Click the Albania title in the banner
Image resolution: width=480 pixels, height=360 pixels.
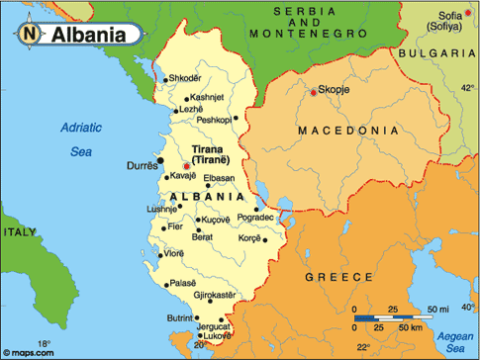(89, 34)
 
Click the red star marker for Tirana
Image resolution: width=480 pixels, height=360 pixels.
(187, 166)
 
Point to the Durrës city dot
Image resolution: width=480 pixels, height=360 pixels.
(160, 159)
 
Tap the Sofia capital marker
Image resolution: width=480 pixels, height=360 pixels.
(439, 14)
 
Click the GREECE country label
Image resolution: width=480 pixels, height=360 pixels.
(338, 278)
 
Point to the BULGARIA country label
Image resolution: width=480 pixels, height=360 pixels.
(434, 52)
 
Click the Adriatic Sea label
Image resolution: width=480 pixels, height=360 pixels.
(80, 138)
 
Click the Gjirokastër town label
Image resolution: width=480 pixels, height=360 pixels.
(214, 295)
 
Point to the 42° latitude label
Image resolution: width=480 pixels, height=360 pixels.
(466, 88)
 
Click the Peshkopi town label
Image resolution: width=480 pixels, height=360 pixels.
(215, 120)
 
